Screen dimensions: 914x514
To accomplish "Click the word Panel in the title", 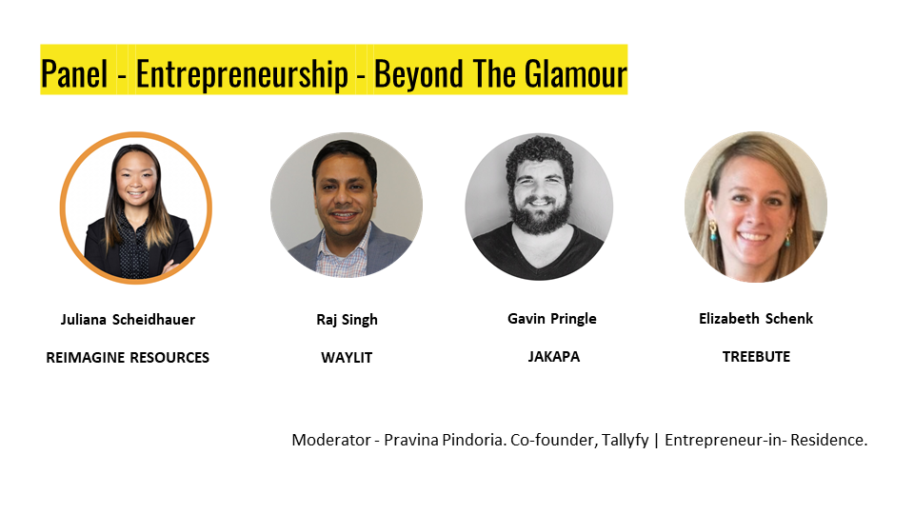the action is pyautogui.click(x=74, y=74).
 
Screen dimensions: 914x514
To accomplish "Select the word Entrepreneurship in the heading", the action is pyautogui.click(x=242, y=75).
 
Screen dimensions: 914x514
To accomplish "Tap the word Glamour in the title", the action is pyautogui.click(x=575, y=74).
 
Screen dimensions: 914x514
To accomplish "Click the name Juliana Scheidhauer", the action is pyautogui.click(x=128, y=320).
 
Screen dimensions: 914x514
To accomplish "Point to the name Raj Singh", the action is pyautogui.click(x=347, y=320).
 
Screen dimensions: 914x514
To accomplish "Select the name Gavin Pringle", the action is pyautogui.click(x=552, y=319).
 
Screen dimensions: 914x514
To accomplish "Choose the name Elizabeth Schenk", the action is pyautogui.click(x=755, y=318).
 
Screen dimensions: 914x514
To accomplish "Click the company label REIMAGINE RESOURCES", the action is pyautogui.click(x=128, y=357).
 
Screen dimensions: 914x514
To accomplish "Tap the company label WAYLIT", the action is pyautogui.click(x=347, y=357).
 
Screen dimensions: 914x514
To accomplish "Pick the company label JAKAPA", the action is pyautogui.click(x=554, y=356).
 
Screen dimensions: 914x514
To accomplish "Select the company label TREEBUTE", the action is pyautogui.click(x=756, y=356).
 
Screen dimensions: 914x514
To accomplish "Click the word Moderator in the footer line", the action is pyautogui.click(x=331, y=440).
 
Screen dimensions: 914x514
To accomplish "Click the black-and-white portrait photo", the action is pyautogui.click(x=539, y=207).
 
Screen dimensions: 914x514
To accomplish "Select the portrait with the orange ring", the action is pyautogui.click(x=136, y=208).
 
